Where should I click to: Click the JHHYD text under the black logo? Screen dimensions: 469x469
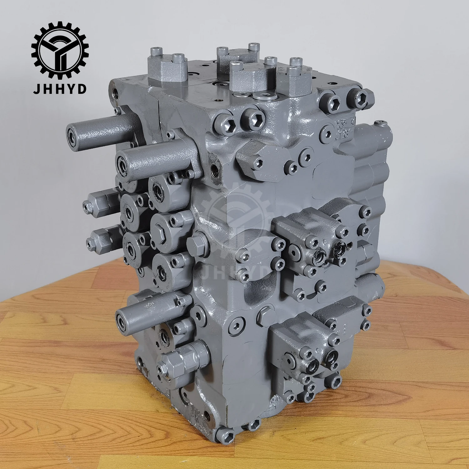click(59, 89)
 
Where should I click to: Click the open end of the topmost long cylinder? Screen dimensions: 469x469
click(72, 137)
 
